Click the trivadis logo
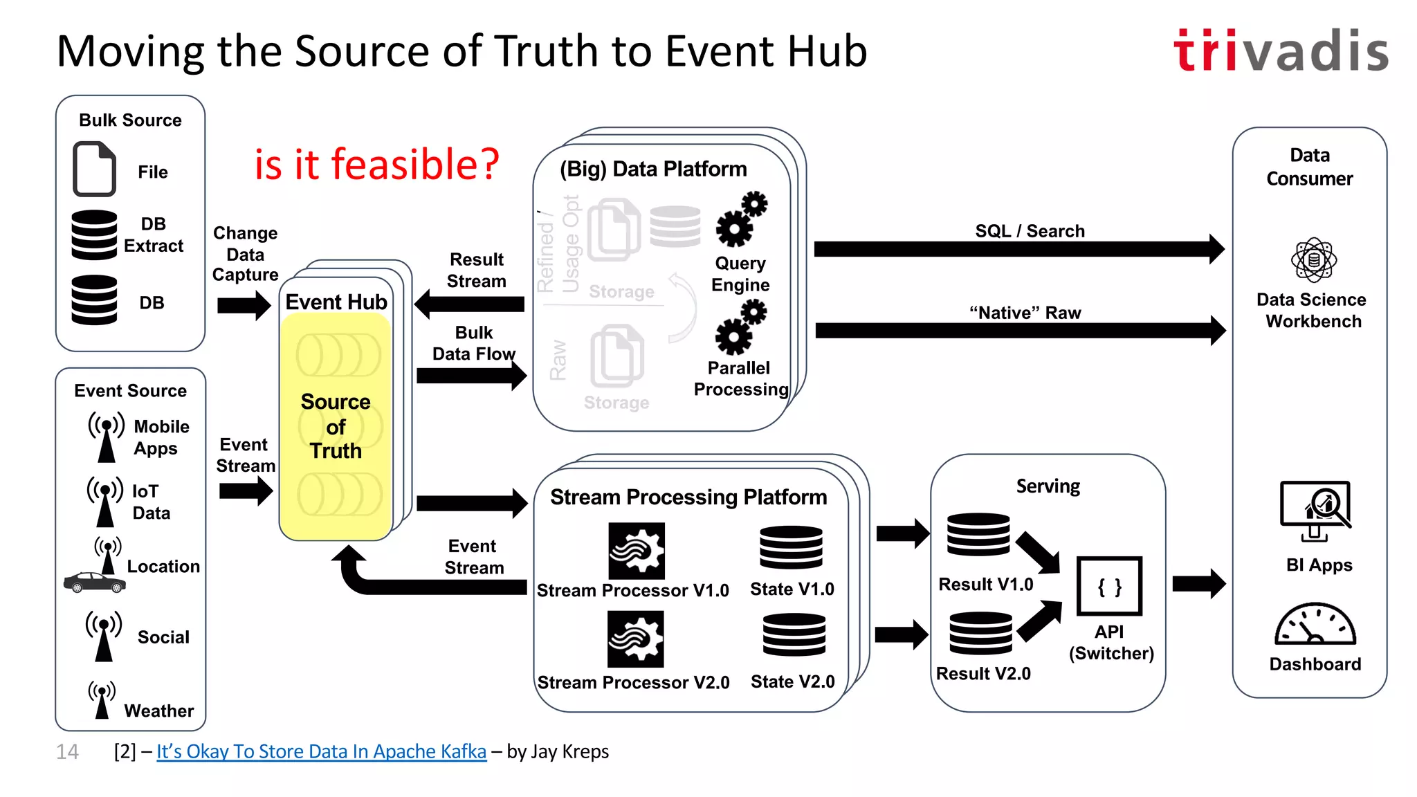pos(1281,51)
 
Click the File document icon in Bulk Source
pos(94,169)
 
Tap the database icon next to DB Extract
pos(94,235)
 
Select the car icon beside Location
pos(95,583)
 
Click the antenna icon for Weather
pos(102,700)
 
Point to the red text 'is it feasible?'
pos(376,165)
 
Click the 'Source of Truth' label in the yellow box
pos(336,426)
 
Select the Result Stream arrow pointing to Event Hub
pos(470,304)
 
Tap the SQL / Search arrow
pos(1018,249)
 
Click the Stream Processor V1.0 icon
pos(637,551)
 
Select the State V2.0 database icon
pos(794,634)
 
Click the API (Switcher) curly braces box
pos(1109,586)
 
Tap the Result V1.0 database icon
pos(978,534)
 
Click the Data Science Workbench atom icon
pos(1313,260)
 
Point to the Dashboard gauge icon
pos(1315,624)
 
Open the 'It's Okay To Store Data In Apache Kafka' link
pos(321,751)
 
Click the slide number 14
pos(68,752)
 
